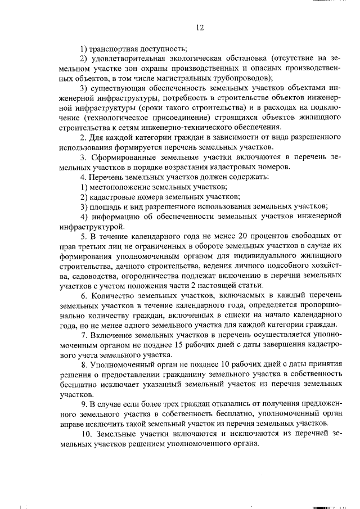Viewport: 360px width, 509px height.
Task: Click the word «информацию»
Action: (x=111, y=217)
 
